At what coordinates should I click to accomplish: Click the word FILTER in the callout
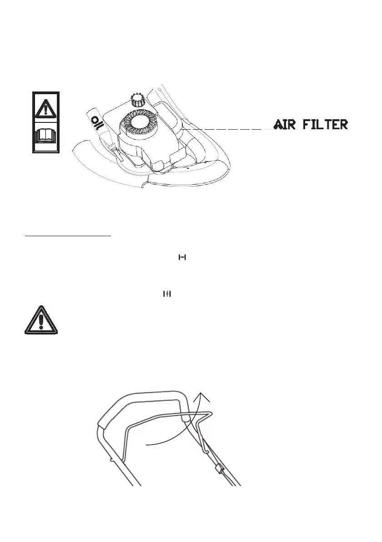[327, 124]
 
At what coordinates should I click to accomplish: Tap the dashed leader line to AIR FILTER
[227, 129]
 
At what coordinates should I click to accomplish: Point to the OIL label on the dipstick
[96, 123]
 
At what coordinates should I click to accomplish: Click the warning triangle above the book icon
[45, 108]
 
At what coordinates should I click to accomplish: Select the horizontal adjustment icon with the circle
[183, 258]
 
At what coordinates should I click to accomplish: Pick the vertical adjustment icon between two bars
[167, 294]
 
